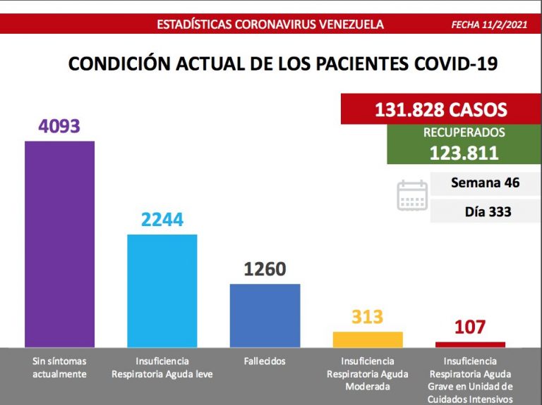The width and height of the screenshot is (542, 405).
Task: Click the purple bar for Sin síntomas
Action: click(59, 243)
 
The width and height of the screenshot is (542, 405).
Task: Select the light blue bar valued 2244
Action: click(162, 289)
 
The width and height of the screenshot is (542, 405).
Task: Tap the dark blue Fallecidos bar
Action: click(265, 315)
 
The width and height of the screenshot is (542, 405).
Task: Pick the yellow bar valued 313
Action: click(367, 339)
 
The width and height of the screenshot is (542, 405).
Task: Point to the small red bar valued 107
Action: click(470, 344)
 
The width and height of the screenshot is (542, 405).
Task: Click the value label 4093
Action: click(59, 126)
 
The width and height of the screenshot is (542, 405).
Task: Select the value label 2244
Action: click(162, 220)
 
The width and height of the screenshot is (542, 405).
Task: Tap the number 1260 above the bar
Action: click(265, 269)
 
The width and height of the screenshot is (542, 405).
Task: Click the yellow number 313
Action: click(367, 317)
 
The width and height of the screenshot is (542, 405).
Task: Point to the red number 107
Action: click(470, 328)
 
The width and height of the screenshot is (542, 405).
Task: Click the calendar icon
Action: click(412, 195)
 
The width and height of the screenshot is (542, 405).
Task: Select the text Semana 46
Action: click(485, 183)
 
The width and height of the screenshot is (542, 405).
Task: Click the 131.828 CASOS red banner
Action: click(441, 109)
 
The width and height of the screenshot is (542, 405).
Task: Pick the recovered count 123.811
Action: click(464, 152)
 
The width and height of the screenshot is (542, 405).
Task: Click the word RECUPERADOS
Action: click(464, 132)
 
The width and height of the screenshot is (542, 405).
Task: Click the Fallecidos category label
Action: click(265, 361)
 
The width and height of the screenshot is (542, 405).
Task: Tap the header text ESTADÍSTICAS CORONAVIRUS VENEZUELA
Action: click(270, 25)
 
